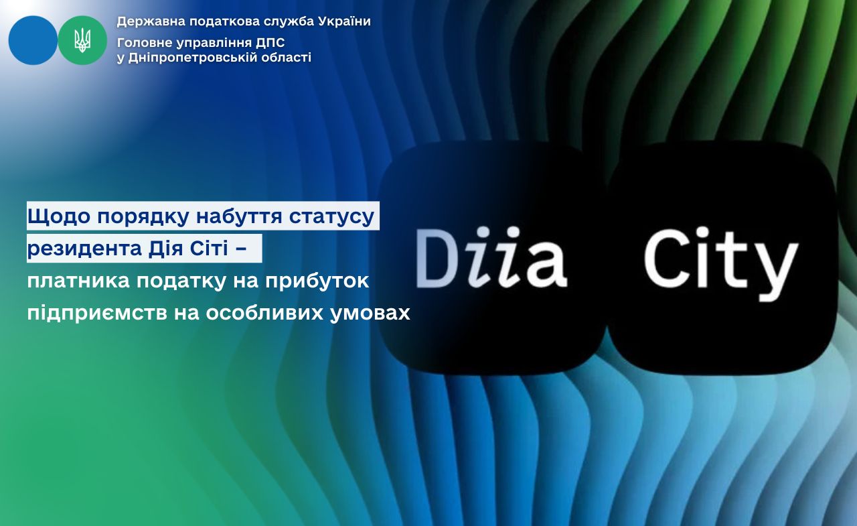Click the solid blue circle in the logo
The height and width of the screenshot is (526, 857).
[x=33, y=40]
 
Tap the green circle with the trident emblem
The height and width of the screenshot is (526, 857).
[x=82, y=40]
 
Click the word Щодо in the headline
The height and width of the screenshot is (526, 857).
[x=59, y=216]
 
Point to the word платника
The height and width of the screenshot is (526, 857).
[x=78, y=281]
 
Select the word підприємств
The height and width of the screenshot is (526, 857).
[x=97, y=314]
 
